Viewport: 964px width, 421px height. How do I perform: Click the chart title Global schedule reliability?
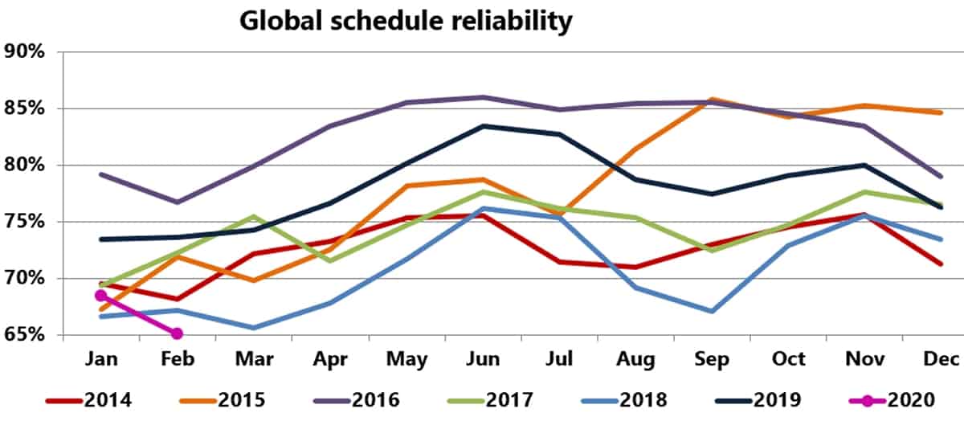406,21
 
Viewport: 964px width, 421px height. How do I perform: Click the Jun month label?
482,359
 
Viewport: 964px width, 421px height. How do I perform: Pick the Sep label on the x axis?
711,359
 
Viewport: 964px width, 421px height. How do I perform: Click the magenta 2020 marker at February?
177,333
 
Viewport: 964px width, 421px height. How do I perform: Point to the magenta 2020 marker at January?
100,296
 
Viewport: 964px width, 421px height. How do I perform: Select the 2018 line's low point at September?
711,311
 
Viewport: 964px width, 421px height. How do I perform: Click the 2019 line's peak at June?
482,126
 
